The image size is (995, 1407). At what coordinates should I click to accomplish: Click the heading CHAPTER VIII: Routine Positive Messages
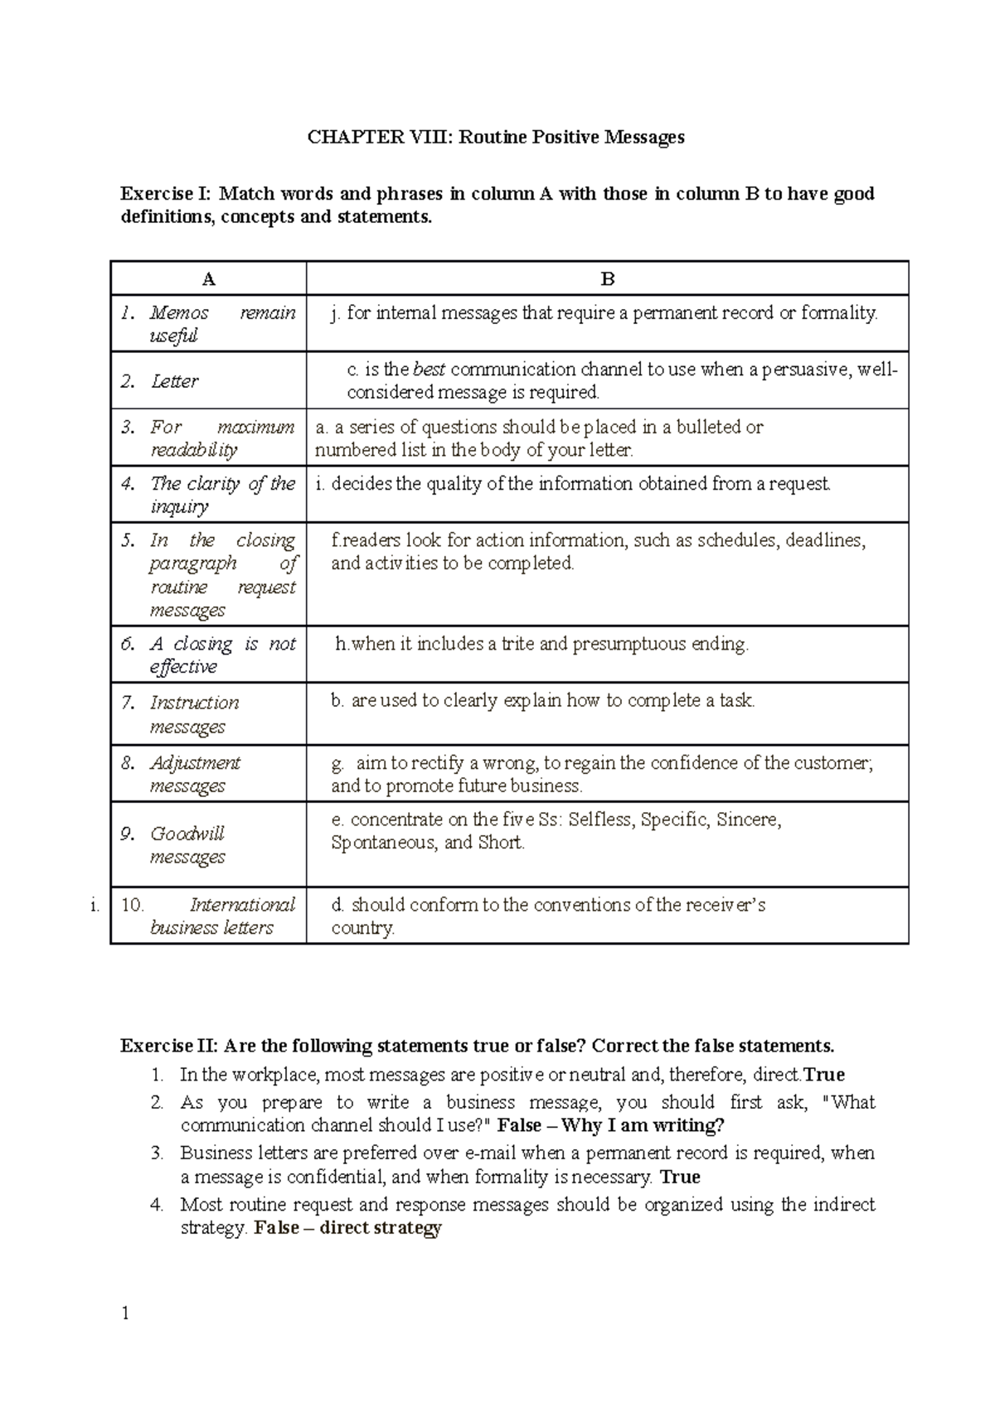tap(496, 137)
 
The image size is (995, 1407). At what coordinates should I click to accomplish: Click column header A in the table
tap(208, 279)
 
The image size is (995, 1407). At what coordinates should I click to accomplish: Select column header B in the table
tap(607, 279)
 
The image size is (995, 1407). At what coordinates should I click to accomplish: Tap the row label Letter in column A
tap(175, 381)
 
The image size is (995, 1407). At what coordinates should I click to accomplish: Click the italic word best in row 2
tap(429, 370)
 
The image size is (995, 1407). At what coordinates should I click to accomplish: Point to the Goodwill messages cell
tap(187, 844)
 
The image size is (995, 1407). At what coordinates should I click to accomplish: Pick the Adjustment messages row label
tap(195, 773)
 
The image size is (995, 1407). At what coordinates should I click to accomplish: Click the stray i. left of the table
tap(95, 906)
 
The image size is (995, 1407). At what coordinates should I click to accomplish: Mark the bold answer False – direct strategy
tap(347, 1228)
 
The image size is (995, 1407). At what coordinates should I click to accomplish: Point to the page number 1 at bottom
tap(125, 1313)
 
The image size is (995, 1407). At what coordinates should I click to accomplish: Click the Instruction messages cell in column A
tap(194, 714)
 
